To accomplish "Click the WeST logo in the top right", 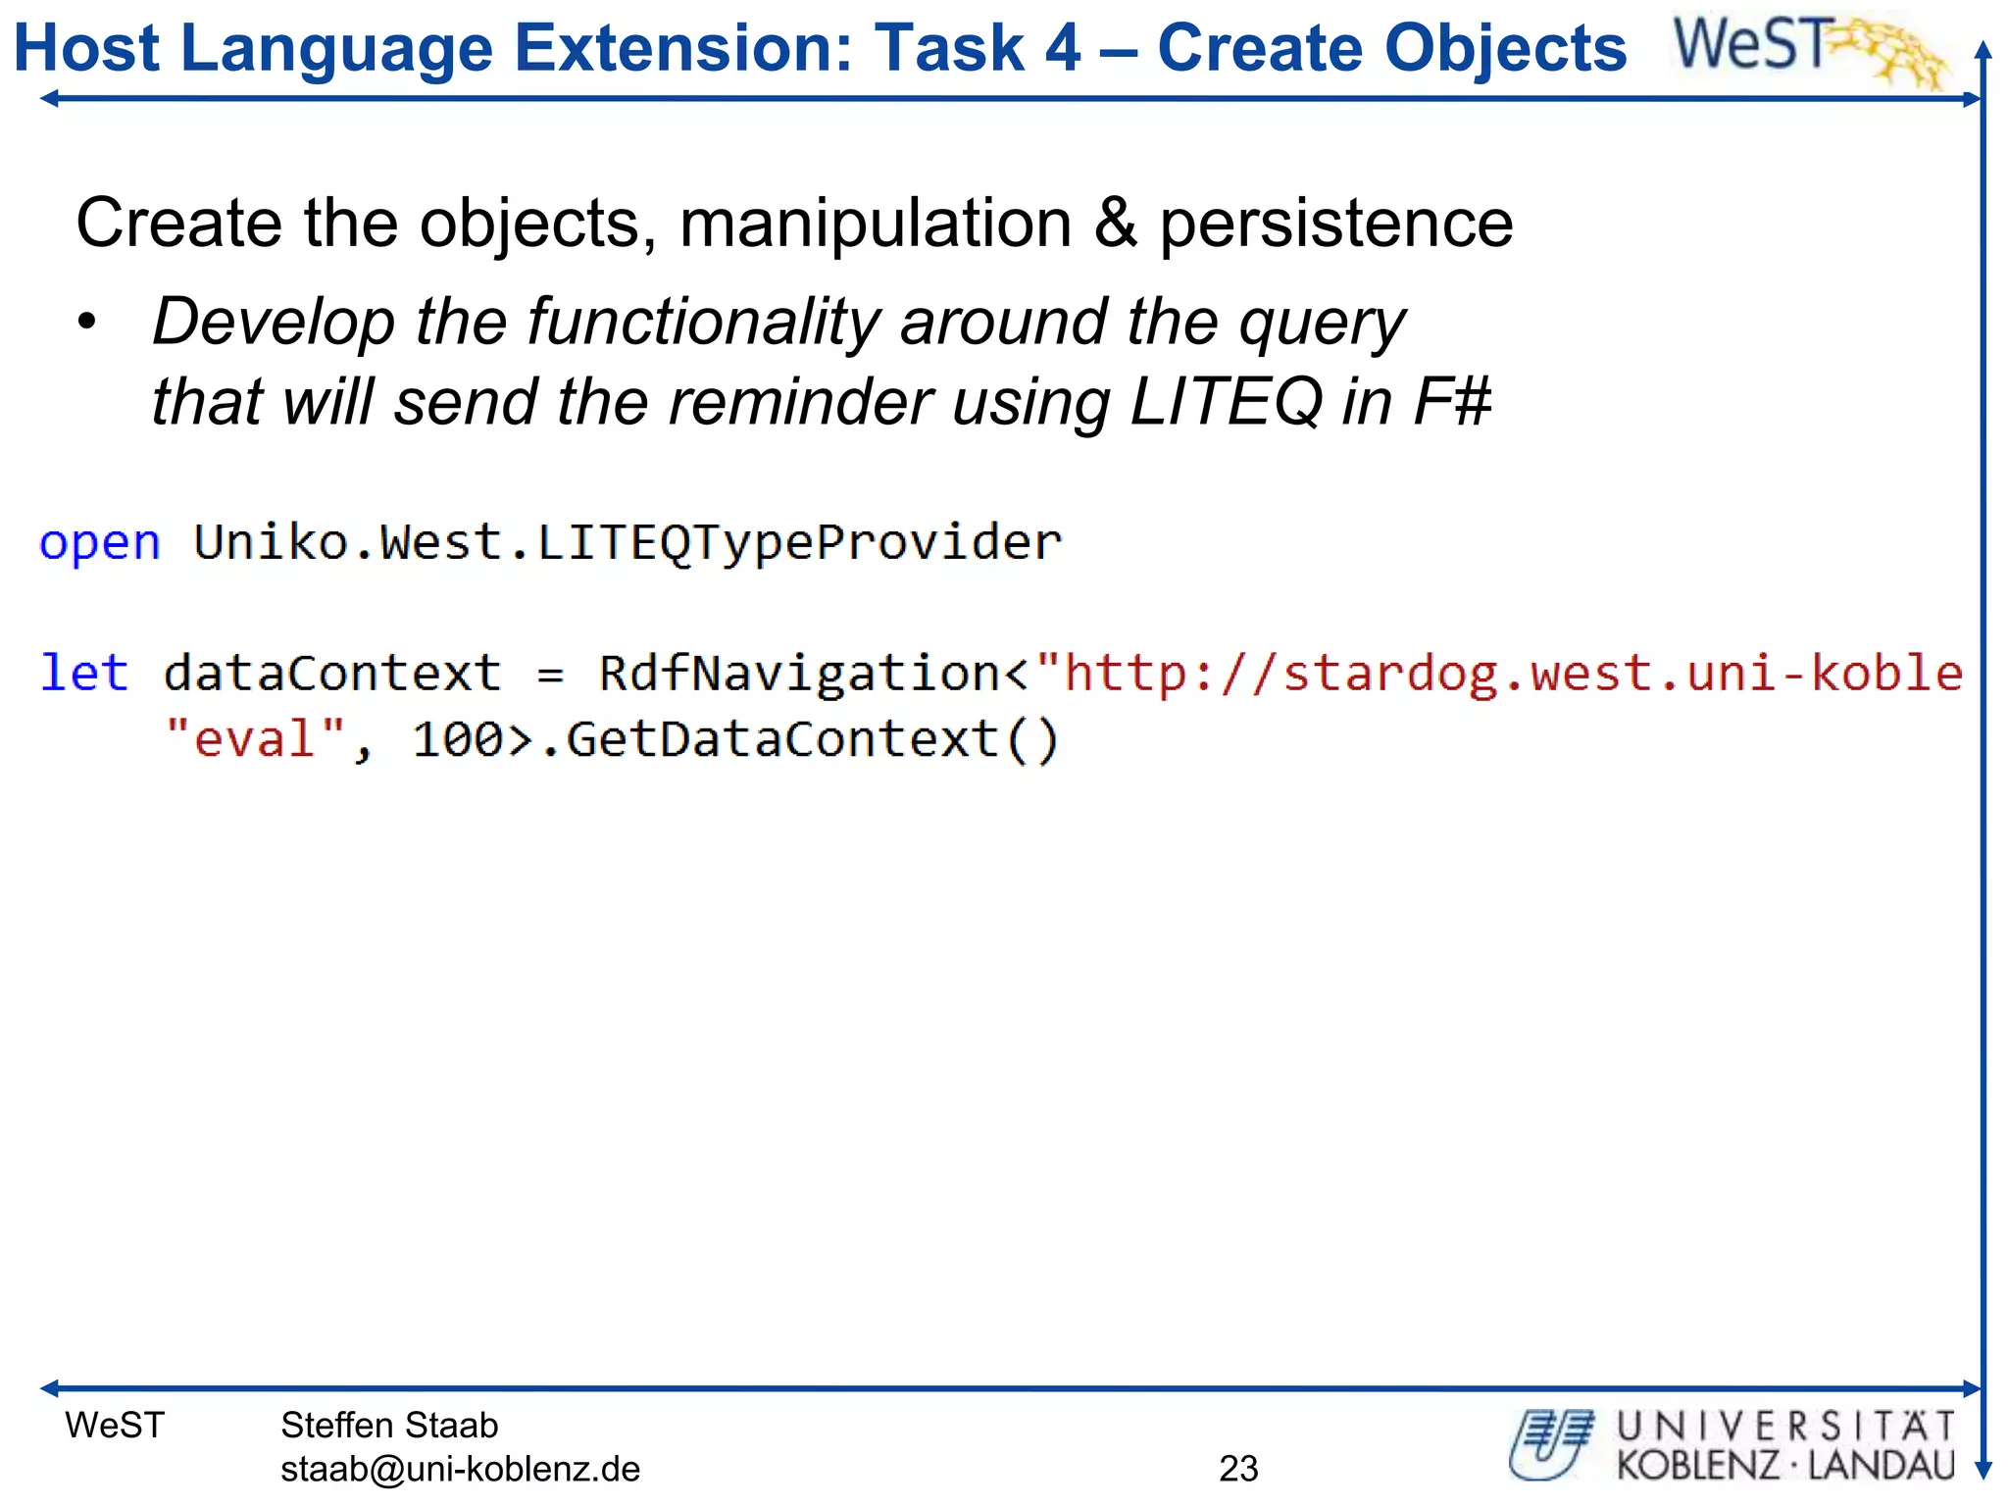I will pyautogui.click(x=1809, y=49).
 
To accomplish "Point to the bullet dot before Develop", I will pyautogui.click(x=88, y=323).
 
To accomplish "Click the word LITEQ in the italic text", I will pyautogui.click(x=1226, y=402).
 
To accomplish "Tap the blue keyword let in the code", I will pyautogui.click(x=84, y=674).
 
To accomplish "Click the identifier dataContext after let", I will pyautogui.click(x=332, y=674).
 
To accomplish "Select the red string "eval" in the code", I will pyautogui.click(x=255, y=738).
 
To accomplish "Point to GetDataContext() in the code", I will pyautogui.click(x=813, y=738).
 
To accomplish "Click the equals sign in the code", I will pyautogui.click(x=550, y=675).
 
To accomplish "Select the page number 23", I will pyautogui.click(x=1238, y=1469).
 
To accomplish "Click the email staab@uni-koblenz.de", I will pyautogui.click(x=460, y=1469).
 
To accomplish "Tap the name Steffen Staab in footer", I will pyautogui.click(x=389, y=1425).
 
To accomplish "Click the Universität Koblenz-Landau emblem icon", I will pyautogui.click(x=1551, y=1444).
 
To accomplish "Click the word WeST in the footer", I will pyautogui.click(x=115, y=1425).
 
